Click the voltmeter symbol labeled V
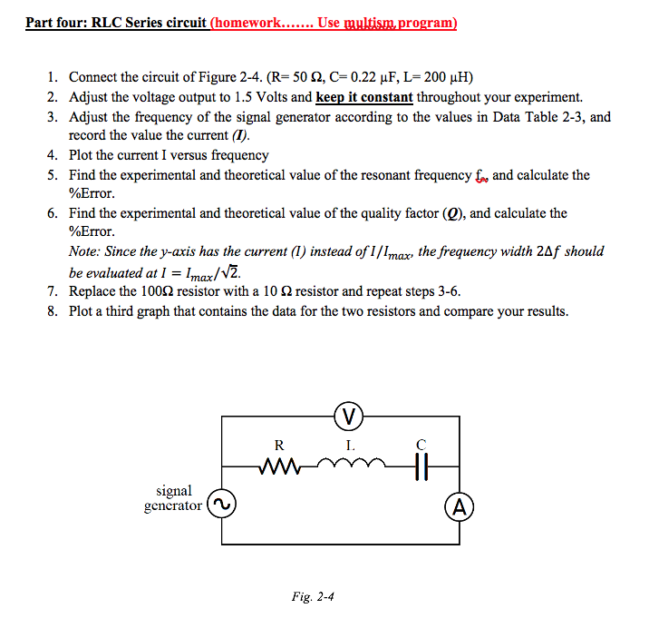(x=349, y=417)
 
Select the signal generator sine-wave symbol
(x=221, y=504)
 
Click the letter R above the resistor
(x=279, y=445)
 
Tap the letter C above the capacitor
(x=419, y=445)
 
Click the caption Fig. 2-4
(x=314, y=596)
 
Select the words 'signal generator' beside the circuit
(x=173, y=498)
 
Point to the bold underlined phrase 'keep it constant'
(x=364, y=97)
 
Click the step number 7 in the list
(x=53, y=291)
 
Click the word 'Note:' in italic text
(x=86, y=251)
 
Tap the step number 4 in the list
(x=53, y=155)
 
